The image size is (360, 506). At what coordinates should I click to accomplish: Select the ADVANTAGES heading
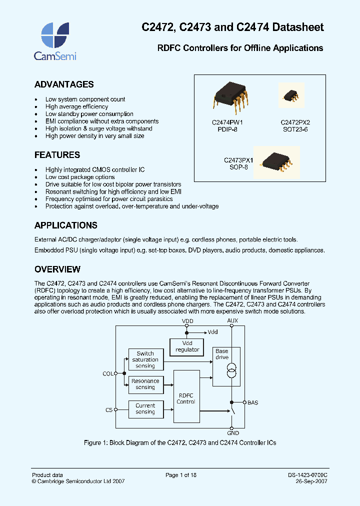point(64,84)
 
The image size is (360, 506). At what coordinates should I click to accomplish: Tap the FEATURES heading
point(57,155)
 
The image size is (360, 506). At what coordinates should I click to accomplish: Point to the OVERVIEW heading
point(57,269)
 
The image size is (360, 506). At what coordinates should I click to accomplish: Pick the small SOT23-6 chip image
point(291,95)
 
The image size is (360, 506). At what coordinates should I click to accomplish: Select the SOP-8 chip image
point(276,161)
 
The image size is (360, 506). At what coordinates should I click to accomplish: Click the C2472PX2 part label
point(295,121)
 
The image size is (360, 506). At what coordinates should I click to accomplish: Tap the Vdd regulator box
point(187,346)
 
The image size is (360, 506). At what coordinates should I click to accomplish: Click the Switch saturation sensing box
point(145,359)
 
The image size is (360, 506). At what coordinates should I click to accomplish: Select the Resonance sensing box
point(145,384)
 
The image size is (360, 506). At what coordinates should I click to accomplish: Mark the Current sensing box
point(145,409)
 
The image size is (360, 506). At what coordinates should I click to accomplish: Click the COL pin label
point(108,373)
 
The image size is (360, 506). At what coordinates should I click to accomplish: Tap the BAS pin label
point(253,402)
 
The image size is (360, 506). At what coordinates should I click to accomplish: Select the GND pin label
point(233,433)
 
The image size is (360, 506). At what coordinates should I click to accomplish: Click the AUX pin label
point(233,321)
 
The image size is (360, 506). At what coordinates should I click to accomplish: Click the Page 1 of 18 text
point(181,475)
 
